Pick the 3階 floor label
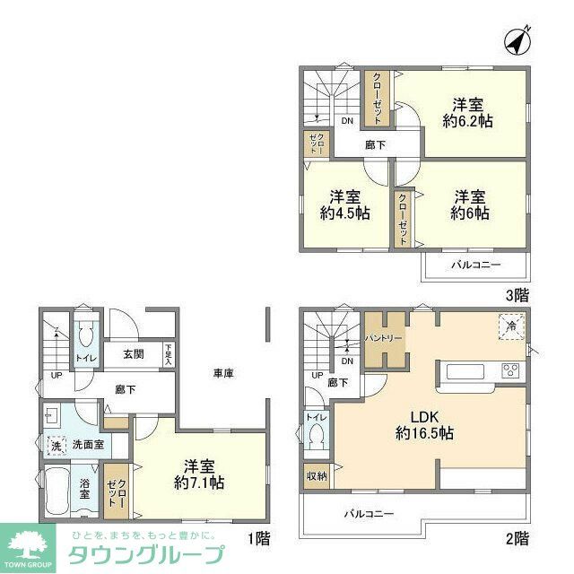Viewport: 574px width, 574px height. coord(514,293)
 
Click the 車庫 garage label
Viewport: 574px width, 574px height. coord(224,372)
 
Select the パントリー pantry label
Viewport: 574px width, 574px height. coord(384,338)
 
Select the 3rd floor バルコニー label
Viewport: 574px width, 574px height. coord(474,265)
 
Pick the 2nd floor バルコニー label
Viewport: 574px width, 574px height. coord(370,514)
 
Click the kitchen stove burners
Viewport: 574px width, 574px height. coord(512,371)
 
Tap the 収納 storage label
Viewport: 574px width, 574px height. coord(317,475)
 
